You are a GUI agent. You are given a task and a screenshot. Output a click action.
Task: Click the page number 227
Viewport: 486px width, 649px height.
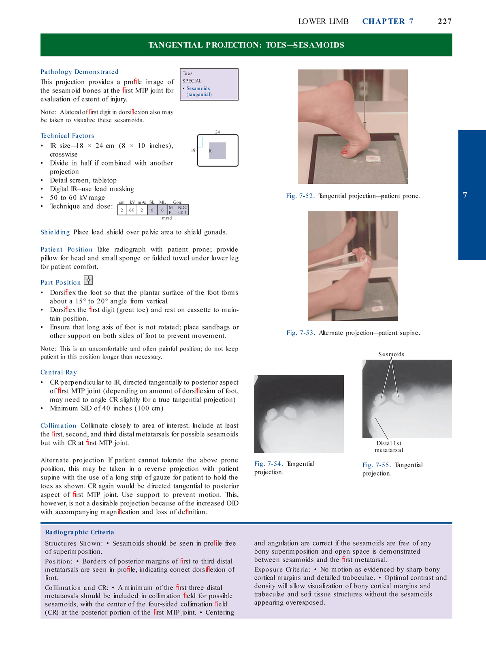pyautogui.click(x=444, y=21)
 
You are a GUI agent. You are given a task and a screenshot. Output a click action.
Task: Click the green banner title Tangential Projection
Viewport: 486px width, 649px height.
pyautogui.click(x=246, y=45)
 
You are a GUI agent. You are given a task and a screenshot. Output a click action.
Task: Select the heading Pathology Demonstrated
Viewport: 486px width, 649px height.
pyautogui.click(x=79, y=72)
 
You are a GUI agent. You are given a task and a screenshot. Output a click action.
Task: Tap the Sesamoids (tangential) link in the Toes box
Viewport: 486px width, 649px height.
pyautogui.click(x=198, y=91)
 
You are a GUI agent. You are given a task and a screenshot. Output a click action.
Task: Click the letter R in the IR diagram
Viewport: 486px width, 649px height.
pyautogui.click(x=210, y=150)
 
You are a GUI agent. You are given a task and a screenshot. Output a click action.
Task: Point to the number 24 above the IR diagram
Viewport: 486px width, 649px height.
pyautogui.click(x=217, y=132)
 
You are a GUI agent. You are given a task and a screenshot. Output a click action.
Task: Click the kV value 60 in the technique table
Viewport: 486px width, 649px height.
pyautogui.click(x=132, y=210)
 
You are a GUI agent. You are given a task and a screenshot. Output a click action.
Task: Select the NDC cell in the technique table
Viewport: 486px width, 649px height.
pyautogui.click(x=183, y=207)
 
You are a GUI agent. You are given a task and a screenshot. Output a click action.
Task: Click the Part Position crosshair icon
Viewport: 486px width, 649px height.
pyautogui.click(x=88, y=280)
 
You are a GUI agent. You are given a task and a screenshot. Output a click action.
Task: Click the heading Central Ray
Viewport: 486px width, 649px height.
pyautogui.click(x=59, y=372)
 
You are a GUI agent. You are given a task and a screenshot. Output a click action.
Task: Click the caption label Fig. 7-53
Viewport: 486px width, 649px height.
pyautogui.click(x=301, y=333)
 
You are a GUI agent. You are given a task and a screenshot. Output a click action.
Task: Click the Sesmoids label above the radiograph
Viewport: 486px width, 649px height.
pyautogui.click(x=391, y=354)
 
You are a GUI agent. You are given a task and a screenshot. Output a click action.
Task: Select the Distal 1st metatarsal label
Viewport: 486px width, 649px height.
pyautogui.click(x=389, y=447)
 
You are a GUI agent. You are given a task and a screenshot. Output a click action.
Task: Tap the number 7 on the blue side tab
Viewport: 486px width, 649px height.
pyautogui.click(x=465, y=196)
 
